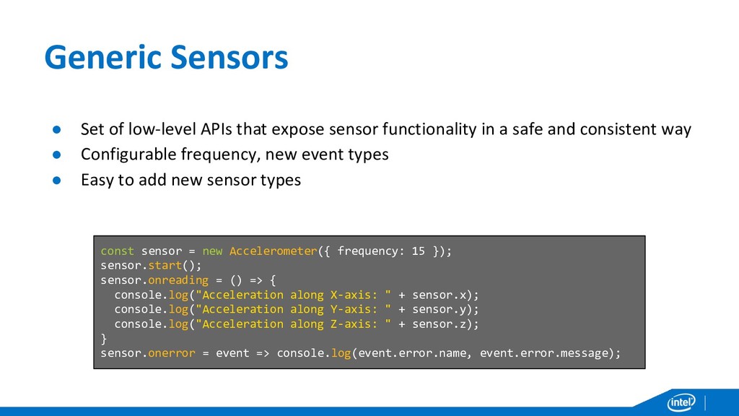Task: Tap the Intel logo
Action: [681, 402]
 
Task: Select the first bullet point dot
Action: [54, 130]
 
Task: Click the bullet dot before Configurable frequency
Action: [54, 155]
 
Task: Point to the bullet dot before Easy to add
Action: [54, 181]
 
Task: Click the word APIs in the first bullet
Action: [212, 130]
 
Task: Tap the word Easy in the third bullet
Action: [97, 181]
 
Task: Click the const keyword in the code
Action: [117, 251]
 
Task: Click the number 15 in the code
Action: [418, 251]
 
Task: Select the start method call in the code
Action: [164, 266]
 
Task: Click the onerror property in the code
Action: [171, 353]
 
